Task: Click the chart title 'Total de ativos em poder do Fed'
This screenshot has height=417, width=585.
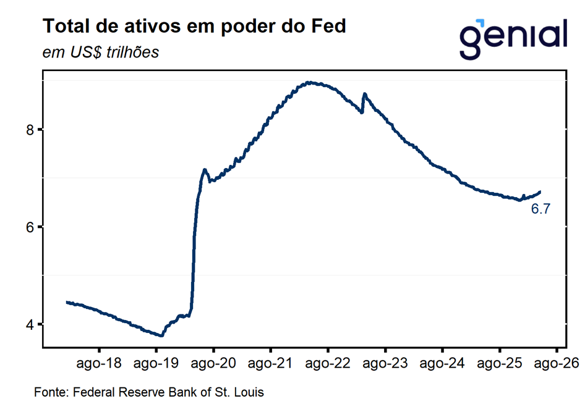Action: point(194,27)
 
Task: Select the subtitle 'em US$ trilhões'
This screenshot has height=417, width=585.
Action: point(101,52)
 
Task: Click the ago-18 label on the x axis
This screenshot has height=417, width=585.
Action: point(98,364)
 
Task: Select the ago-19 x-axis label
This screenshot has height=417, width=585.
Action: point(156,364)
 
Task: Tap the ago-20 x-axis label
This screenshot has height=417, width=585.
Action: point(213,364)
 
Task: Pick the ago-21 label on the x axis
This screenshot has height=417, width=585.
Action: point(271,364)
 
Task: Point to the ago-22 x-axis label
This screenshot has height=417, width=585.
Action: point(328,364)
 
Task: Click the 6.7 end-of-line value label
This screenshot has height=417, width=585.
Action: point(540,209)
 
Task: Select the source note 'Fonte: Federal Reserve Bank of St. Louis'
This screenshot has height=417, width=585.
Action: point(149,392)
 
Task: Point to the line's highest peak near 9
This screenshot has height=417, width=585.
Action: point(309,82)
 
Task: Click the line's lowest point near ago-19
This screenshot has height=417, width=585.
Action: point(161,335)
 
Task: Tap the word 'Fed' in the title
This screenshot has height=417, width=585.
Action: point(331,27)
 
